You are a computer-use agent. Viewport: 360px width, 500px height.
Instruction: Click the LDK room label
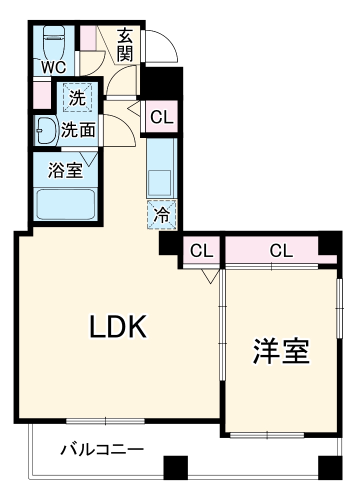118,327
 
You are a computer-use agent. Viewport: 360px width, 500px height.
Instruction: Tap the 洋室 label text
280,352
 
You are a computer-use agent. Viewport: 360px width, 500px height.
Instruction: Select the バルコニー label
102,449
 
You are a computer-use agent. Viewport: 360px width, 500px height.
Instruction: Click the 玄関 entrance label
126,44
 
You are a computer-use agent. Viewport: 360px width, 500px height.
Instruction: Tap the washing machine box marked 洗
77,97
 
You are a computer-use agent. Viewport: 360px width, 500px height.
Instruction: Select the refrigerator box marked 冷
161,215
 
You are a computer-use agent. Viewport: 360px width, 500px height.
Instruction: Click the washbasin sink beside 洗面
45,131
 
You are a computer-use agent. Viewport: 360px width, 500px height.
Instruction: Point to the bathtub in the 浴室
66,204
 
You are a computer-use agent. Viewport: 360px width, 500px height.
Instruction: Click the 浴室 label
65,170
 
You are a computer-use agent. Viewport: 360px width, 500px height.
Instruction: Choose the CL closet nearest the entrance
162,117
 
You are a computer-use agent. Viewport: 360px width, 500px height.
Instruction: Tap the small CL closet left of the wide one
201,250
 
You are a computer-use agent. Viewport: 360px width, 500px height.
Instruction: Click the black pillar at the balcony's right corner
330,467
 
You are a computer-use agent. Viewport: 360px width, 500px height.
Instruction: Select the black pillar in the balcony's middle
175,467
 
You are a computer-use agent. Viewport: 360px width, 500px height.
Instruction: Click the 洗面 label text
78,131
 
